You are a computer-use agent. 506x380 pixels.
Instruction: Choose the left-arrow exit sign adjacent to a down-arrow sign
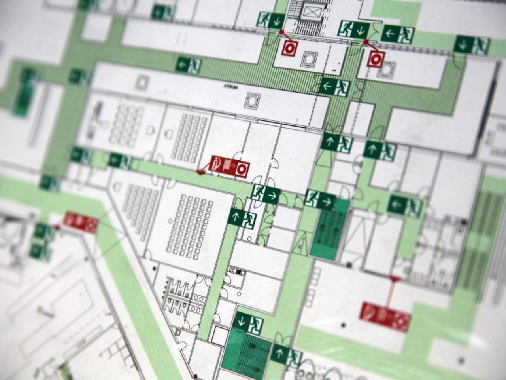398,34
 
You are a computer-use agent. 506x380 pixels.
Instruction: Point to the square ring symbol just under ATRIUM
252,101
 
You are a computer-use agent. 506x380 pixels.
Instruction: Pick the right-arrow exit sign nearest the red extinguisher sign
266,194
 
